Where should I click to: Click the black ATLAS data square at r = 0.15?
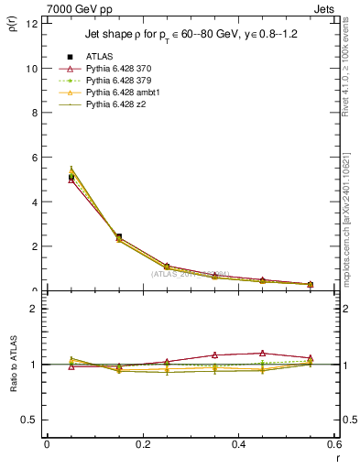pos(119,237)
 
